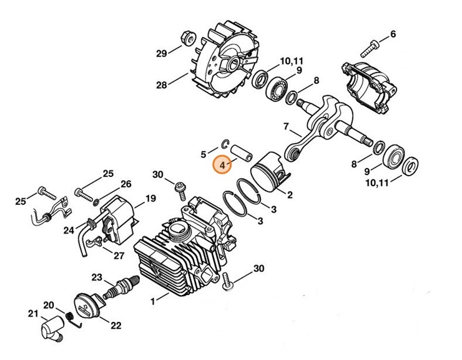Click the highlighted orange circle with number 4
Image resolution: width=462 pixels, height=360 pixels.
[222, 166]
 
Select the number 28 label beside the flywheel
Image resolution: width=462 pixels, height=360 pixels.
[161, 85]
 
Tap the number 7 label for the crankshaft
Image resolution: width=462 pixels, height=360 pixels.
[286, 127]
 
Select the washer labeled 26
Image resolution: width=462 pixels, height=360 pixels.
[96, 201]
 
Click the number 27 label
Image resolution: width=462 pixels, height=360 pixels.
[119, 255]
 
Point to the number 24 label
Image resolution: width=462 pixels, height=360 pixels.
[69, 229]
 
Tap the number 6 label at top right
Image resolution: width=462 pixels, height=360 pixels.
[393, 34]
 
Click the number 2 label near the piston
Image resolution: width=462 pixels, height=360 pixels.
[289, 195]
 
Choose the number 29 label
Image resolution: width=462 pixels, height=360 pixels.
[161, 54]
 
